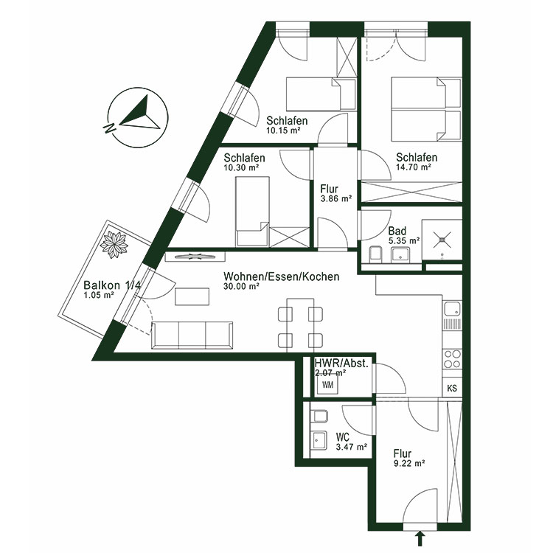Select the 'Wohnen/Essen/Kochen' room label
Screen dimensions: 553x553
282,276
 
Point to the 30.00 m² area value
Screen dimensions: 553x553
242,287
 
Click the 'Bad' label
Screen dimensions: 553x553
397,230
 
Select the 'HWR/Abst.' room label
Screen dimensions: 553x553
341,364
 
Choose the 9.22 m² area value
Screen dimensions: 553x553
408,464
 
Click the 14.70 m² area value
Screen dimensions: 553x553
414,167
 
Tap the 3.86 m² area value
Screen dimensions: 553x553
335,198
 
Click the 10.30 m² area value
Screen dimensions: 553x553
241,168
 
